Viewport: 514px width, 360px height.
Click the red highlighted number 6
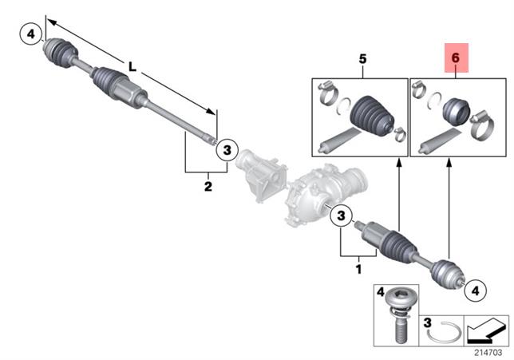click(x=456, y=59)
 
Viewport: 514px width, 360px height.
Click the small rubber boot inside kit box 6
click(x=457, y=111)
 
